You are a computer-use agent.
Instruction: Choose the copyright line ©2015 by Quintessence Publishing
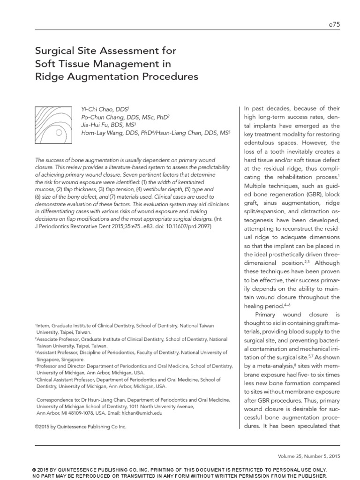(x=81, y=427)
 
